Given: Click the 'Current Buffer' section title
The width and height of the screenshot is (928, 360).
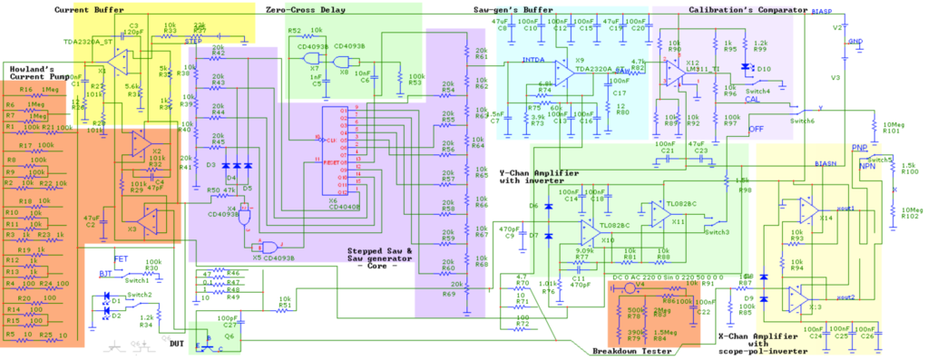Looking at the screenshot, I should point(89,10).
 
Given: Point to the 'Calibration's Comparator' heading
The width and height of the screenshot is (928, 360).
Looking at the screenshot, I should point(735,9).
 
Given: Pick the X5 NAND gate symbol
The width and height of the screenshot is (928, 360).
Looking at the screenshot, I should point(266,247).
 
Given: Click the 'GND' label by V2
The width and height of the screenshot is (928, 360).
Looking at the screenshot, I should point(855,42).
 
